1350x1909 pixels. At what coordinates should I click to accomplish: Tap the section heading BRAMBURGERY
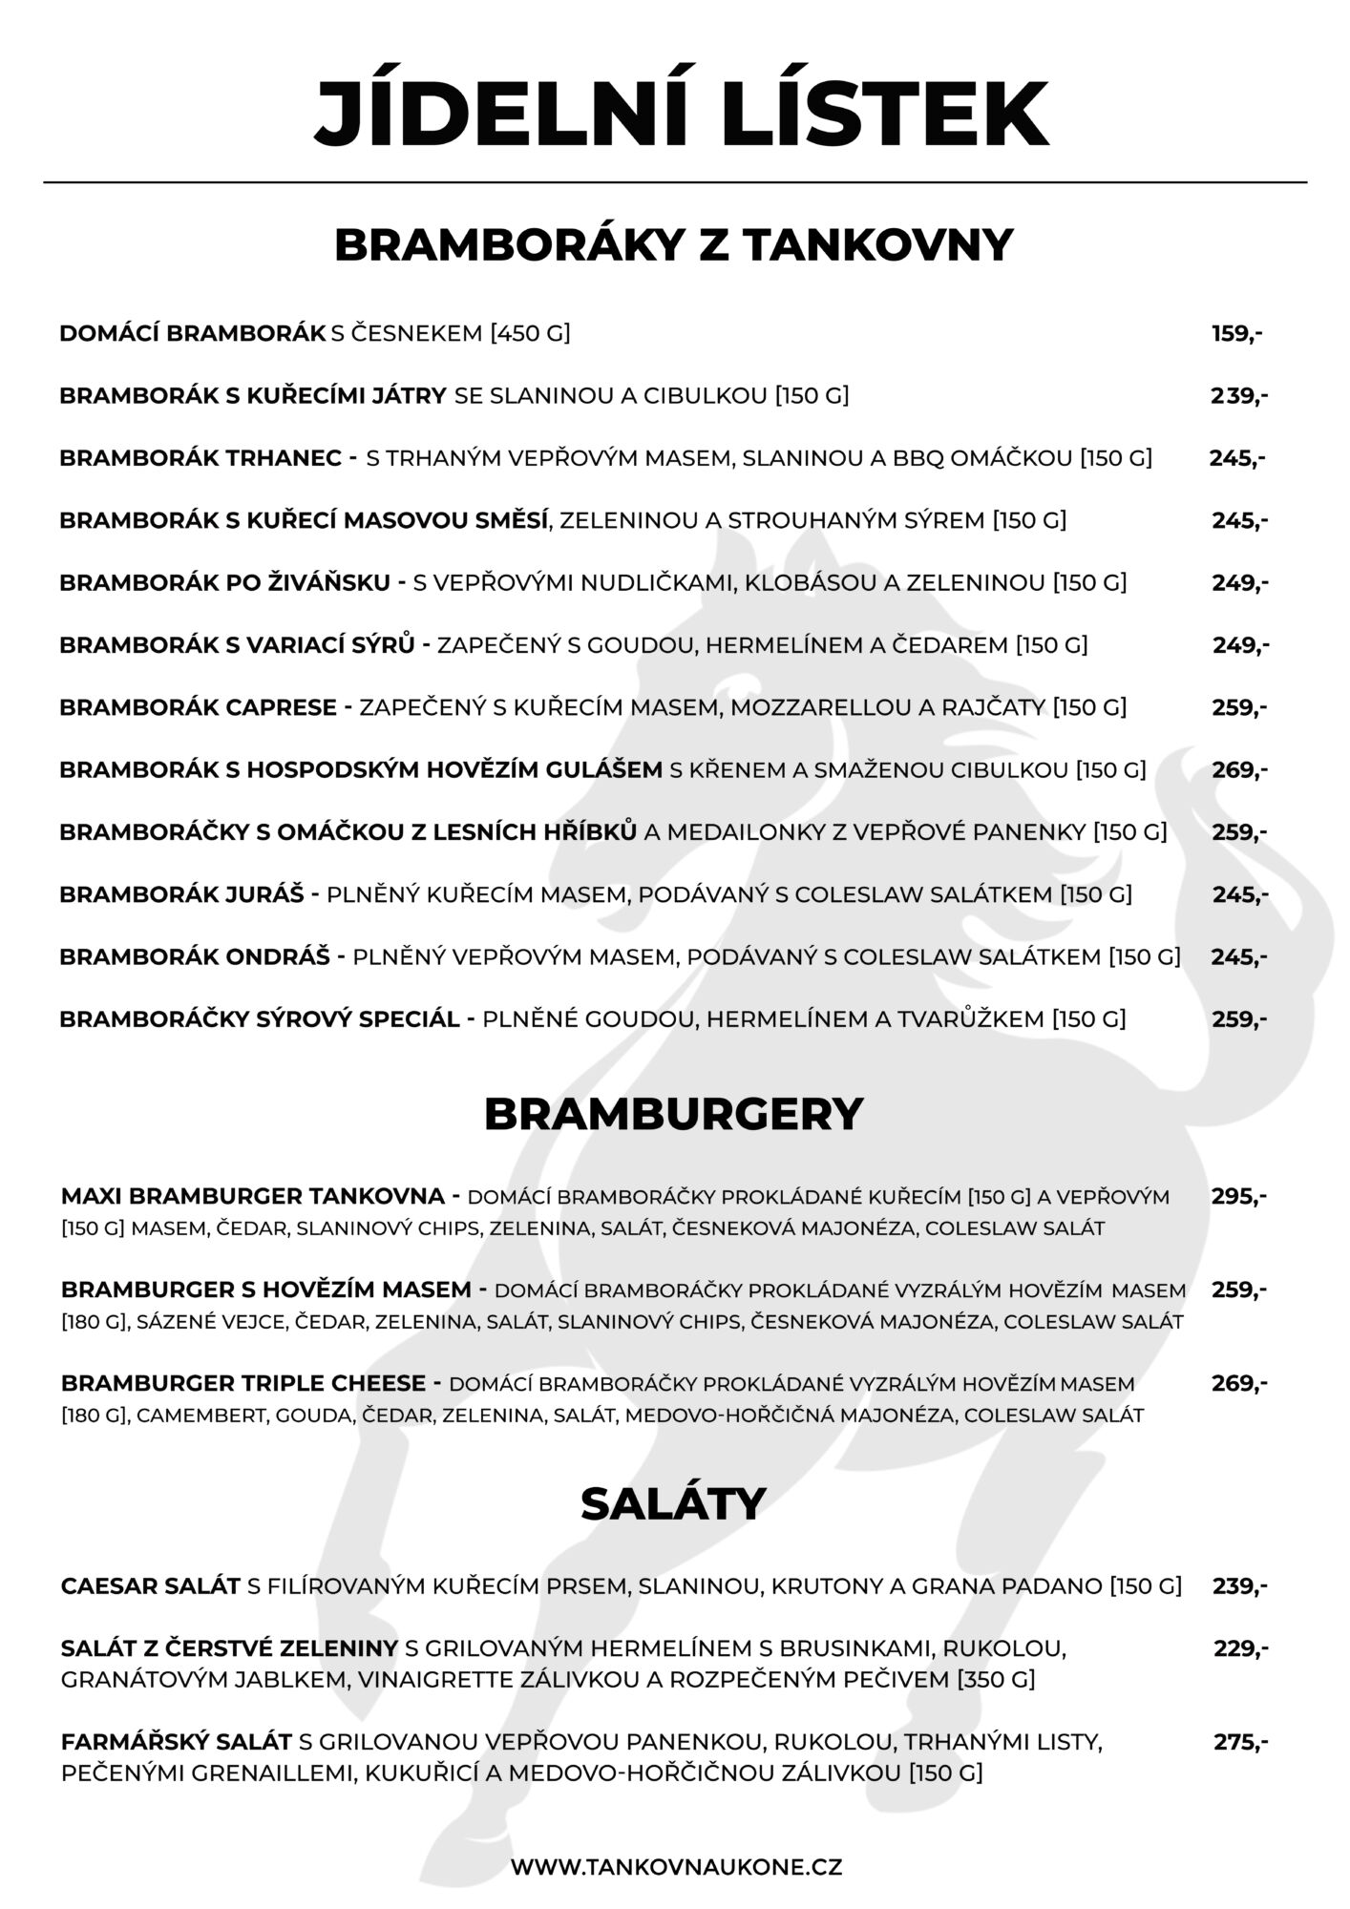pyautogui.click(x=673, y=1114)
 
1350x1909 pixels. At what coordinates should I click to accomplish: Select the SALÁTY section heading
pyautogui.click(x=673, y=1503)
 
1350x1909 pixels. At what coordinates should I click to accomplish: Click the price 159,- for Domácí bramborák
pyautogui.click(x=1237, y=333)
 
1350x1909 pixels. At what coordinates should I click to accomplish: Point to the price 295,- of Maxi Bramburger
pyautogui.click(x=1239, y=1196)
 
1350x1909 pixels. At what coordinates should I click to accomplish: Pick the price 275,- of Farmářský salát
pyautogui.click(x=1241, y=1742)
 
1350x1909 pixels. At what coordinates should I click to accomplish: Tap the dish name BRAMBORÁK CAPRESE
pyautogui.click(x=199, y=707)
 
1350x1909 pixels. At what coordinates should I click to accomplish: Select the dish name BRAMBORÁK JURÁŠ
pyautogui.click(x=181, y=894)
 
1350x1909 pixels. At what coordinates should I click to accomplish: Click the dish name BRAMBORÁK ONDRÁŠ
pyautogui.click(x=195, y=956)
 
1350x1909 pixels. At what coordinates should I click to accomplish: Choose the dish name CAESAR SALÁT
pyautogui.click(x=150, y=1585)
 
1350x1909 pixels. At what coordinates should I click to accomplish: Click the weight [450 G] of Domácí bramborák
pyautogui.click(x=530, y=333)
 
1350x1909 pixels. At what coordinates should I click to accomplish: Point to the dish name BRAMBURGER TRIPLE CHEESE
pyautogui.click(x=243, y=1383)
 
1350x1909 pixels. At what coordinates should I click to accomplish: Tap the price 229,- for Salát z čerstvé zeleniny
pyautogui.click(x=1241, y=1648)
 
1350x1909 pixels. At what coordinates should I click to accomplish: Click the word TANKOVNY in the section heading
pyautogui.click(x=877, y=245)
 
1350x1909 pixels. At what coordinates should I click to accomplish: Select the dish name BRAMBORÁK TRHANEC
pyautogui.click(x=200, y=458)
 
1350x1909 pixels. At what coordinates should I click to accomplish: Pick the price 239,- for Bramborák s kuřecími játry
pyautogui.click(x=1239, y=395)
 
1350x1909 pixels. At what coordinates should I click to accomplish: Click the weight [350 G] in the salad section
pyautogui.click(x=996, y=1679)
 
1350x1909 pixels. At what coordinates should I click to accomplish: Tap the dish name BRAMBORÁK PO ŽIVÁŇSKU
pyautogui.click(x=225, y=582)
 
